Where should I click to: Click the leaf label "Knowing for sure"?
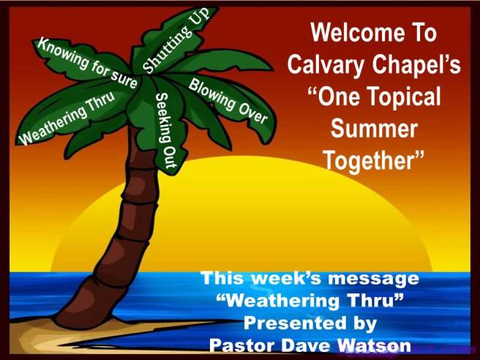click(x=87, y=64)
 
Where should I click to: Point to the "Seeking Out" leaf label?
click(x=167, y=132)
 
